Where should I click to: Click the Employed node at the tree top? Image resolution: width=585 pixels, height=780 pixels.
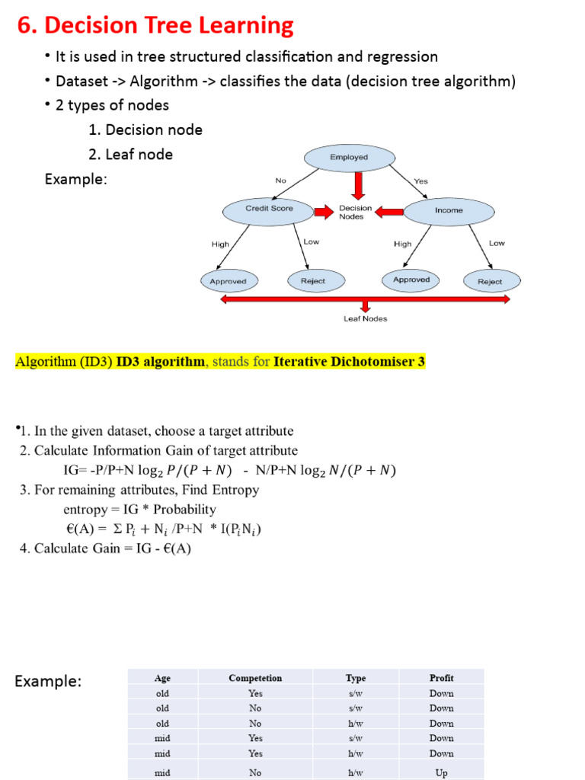pos(349,158)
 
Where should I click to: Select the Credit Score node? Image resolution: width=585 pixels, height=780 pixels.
pos(269,208)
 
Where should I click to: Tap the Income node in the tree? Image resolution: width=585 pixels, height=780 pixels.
pos(449,210)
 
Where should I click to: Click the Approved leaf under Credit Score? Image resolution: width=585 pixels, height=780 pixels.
pos(228,281)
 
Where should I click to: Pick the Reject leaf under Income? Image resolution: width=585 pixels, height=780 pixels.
pos(490,281)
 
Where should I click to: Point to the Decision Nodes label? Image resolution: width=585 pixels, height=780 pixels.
pos(356,212)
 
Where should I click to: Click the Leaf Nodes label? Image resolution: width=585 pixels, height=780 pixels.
pos(365,318)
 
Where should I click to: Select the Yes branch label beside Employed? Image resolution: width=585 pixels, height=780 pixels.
pos(420,181)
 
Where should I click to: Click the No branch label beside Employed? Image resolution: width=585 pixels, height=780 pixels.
pos(280,181)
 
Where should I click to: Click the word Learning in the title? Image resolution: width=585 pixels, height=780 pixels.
pos(245,26)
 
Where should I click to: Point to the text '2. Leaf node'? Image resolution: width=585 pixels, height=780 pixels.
pos(130,154)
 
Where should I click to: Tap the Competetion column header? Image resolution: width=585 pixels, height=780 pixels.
pos(255,678)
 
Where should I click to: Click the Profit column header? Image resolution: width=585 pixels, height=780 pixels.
pos(441,678)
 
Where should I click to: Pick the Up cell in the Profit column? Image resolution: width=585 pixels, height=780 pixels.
pos(441,772)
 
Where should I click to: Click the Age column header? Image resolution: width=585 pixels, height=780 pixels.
pos(162,678)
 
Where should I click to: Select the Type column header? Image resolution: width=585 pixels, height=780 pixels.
pos(355,678)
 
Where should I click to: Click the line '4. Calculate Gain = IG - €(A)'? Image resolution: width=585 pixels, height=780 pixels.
pos(105,548)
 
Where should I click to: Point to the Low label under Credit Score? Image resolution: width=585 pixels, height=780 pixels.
pos(312,241)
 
